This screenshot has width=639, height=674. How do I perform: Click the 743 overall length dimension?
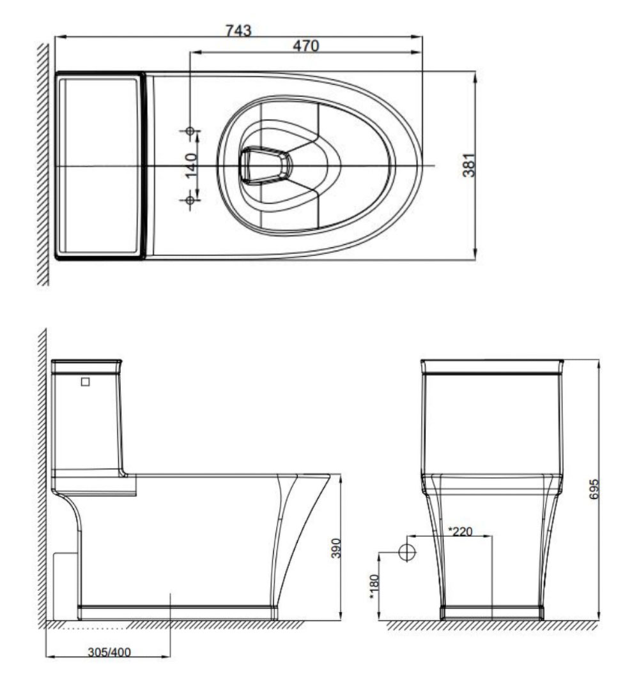[238, 30]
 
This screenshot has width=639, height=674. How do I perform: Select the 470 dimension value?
[305, 45]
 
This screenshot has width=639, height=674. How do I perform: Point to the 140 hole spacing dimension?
[190, 166]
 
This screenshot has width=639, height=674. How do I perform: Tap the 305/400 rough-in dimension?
[109, 652]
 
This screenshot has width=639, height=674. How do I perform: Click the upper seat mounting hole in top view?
[189, 131]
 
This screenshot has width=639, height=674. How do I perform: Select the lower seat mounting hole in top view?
[189, 200]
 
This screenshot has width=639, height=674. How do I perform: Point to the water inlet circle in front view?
[407, 552]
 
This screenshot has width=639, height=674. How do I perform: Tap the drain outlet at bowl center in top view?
[264, 165]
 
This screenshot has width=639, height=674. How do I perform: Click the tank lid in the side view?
[86, 366]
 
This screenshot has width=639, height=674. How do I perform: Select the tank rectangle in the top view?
[100, 165]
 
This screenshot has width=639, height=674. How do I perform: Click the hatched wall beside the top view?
[43, 165]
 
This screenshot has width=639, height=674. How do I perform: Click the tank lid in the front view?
[492, 366]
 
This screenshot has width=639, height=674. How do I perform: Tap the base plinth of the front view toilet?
[492, 613]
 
